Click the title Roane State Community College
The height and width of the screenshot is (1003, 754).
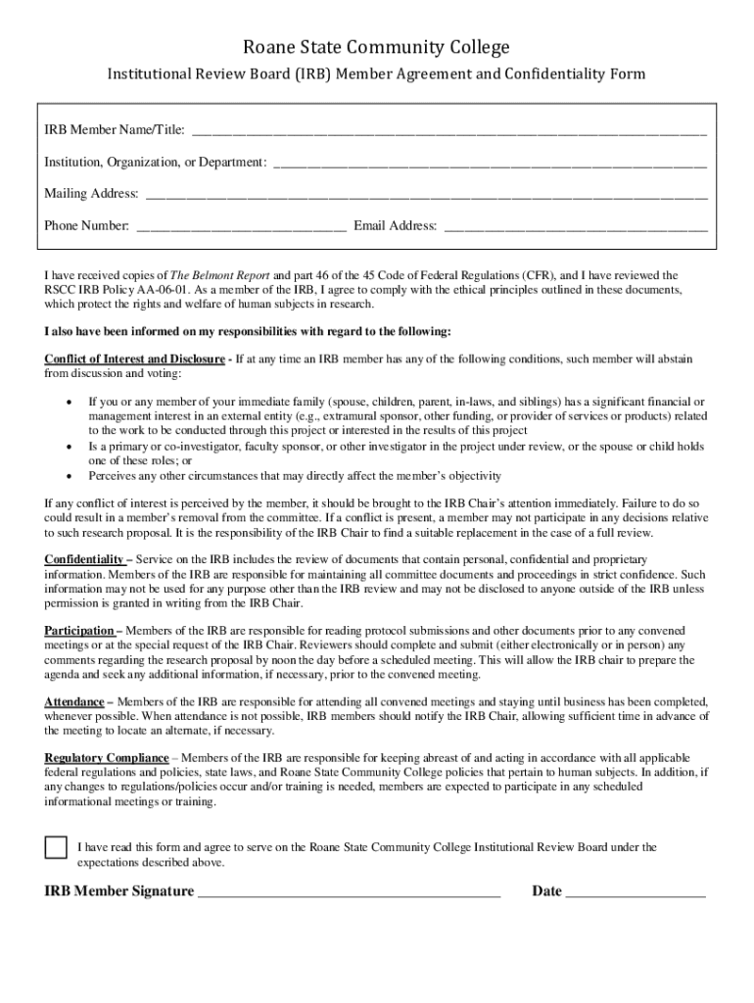point(377,47)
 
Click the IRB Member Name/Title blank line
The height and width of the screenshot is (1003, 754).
point(448,131)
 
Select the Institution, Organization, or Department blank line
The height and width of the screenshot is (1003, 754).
point(490,163)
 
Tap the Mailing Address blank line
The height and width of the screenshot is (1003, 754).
point(426,195)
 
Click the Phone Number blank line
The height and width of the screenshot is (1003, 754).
point(241,227)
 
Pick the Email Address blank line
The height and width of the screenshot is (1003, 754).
point(576,227)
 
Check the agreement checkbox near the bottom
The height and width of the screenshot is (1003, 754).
point(56,848)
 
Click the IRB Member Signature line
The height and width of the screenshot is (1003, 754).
point(349,892)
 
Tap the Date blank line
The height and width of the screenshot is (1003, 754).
point(636,892)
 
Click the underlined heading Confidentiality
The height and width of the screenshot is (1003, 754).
point(83,559)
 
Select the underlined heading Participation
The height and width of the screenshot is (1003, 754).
point(79,631)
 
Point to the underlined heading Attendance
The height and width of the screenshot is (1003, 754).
point(74,702)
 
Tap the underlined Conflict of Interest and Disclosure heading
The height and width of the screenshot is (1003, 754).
point(134,359)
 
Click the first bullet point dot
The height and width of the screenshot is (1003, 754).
point(68,403)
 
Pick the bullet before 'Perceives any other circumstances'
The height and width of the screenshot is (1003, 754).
point(68,476)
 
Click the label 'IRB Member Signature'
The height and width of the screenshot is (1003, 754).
point(118,891)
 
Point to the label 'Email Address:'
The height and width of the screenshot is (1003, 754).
point(396,226)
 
